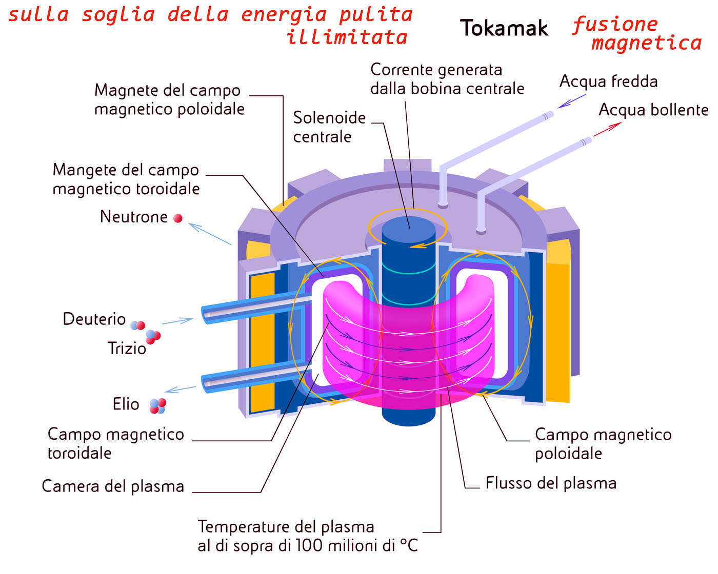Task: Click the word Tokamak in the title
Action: (504, 28)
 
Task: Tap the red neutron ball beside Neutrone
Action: (178, 218)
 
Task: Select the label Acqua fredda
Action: (608, 81)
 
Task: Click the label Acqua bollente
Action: (653, 110)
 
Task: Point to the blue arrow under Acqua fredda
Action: (571, 101)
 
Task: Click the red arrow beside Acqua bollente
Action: (607, 130)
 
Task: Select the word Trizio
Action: (127, 348)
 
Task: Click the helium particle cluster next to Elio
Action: (157, 405)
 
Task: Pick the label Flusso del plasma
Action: (551, 483)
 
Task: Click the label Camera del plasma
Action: (113, 486)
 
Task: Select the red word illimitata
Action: (347, 37)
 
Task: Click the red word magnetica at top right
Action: (646, 43)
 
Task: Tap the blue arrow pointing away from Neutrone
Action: (210, 234)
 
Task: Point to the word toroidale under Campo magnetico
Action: (79, 453)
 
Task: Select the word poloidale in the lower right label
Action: (568, 454)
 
